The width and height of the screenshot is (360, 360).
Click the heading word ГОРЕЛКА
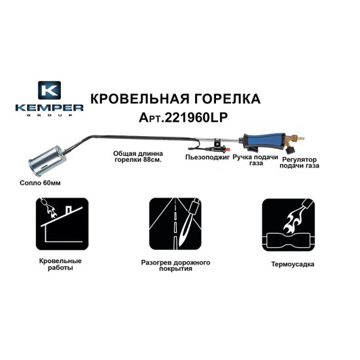(x=223, y=99)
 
